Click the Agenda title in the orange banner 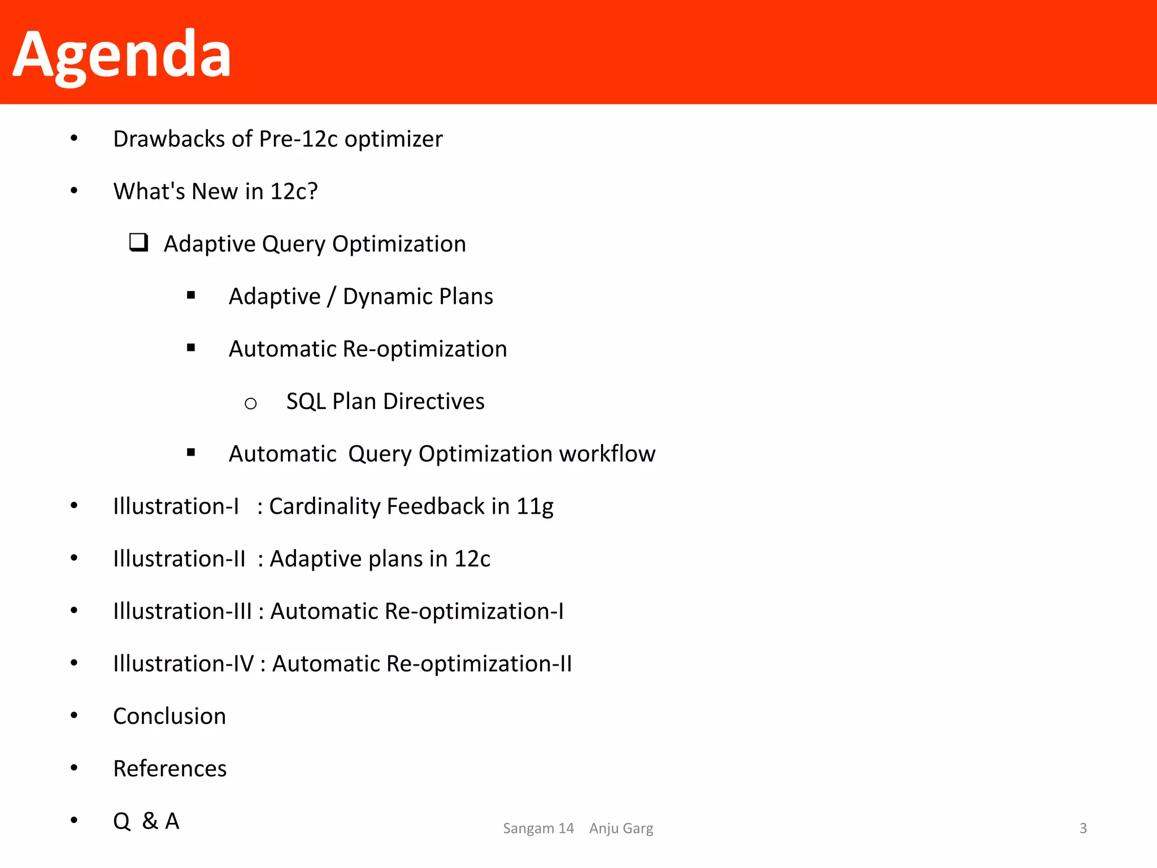121,55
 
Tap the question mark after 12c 312,192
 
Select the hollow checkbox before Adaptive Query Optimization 138,242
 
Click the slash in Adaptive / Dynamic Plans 332,297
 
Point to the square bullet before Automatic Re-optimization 191,348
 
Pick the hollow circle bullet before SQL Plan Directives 251,403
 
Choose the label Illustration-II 179,559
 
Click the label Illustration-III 182,611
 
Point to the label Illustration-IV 183,664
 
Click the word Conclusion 169,717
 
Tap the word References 169,769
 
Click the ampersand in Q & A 150,821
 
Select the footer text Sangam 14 538,828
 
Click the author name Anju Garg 621,828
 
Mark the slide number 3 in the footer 1083,828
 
